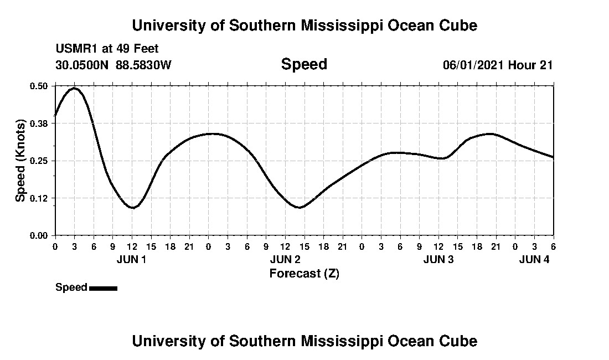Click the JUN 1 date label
(132, 259)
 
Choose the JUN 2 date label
(285, 259)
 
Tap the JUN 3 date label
(438, 259)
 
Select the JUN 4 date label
(534, 259)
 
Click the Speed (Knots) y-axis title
(20, 161)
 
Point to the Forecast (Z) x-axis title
(304, 274)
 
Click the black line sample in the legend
(103, 288)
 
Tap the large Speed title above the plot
(304, 64)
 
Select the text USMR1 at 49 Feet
(107, 49)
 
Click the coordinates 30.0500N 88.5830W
(113, 65)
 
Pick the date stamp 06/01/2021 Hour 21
(498, 65)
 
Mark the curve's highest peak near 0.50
(74, 88)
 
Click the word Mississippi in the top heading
(333, 25)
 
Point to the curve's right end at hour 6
(553, 157)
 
